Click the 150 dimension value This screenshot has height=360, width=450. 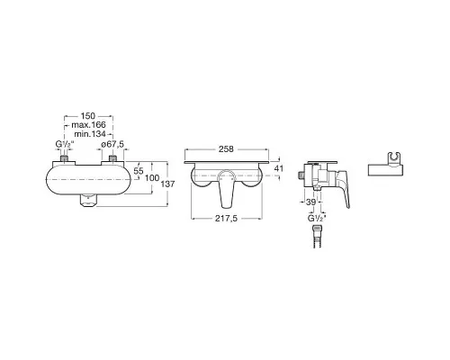(x=88, y=116)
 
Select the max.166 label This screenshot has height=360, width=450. (x=88, y=125)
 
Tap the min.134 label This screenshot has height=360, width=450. (x=90, y=134)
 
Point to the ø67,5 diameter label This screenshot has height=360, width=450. (x=112, y=144)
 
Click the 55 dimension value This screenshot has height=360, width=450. (x=139, y=171)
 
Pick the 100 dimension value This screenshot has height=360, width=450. (x=152, y=178)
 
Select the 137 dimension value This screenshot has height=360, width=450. (x=167, y=184)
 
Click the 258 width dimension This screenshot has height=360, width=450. (x=226, y=149)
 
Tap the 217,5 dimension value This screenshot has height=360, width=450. (x=226, y=219)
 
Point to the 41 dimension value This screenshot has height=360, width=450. (x=279, y=168)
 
